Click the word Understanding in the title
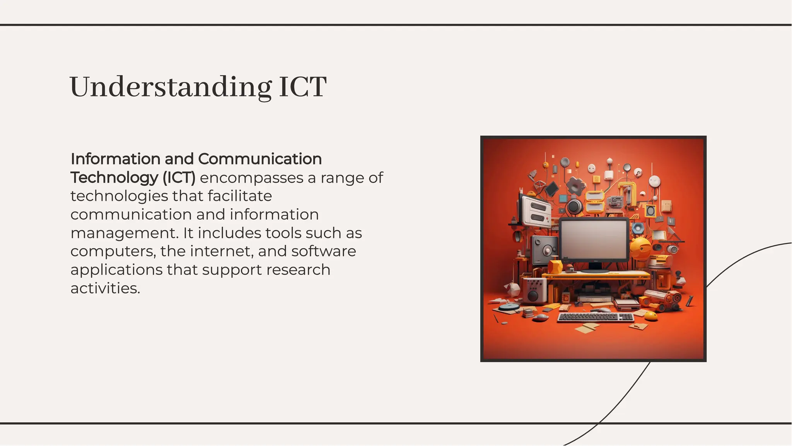click(x=170, y=87)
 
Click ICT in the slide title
click(x=302, y=87)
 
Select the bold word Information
click(x=115, y=159)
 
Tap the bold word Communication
click(x=260, y=159)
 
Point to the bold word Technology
click(x=114, y=178)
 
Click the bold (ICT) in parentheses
click(x=179, y=178)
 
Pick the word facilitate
click(x=239, y=196)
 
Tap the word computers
click(x=113, y=251)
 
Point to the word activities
click(x=105, y=288)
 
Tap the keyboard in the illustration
click(x=595, y=317)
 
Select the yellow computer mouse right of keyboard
click(x=651, y=316)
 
